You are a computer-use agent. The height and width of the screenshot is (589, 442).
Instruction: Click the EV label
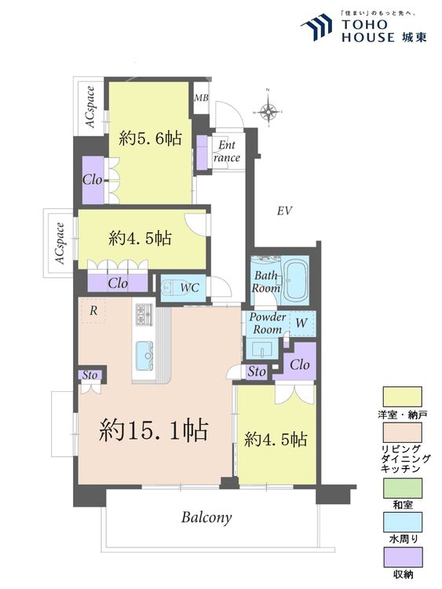pyautogui.click(x=284, y=210)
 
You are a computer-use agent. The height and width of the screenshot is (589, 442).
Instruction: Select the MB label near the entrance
pyautogui.click(x=201, y=98)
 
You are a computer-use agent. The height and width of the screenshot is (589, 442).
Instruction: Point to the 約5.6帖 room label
pyautogui.click(x=151, y=139)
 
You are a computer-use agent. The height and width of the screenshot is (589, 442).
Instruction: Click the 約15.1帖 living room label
pyautogui.click(x=153, y=430)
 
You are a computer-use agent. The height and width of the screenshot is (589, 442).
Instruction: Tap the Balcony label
pyautogui.click(x=206, y=518)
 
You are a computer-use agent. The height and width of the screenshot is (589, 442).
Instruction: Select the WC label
pyautogui.click(x=189, y=287)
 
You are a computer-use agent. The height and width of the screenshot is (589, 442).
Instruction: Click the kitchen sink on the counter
pyautogui.click(x=146, y=355)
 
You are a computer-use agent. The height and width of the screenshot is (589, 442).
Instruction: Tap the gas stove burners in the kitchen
pyautogui.click(x=145, y=314)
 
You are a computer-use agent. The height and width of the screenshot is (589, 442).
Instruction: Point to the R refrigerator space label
pyautogui.click(x=93, y=311)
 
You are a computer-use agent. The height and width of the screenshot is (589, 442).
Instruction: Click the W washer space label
pyautogui.click(x=301, y=322)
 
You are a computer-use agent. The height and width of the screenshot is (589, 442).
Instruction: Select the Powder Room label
pyautogui.click(x=267, y=323)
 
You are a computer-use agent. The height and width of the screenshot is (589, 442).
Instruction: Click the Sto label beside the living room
pyautogui.click(x=89, y=375)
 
